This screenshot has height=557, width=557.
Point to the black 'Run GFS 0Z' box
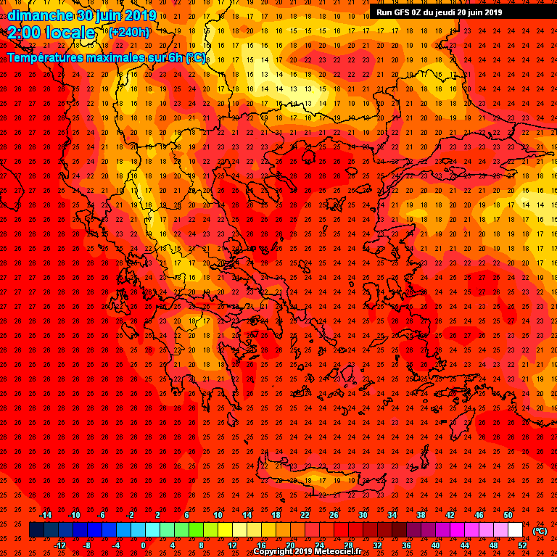coord(439,12)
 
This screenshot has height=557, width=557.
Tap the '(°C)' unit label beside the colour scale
coord(540,531)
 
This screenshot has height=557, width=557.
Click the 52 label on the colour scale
coord(522,545)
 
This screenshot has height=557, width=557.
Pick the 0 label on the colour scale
coord(143,545)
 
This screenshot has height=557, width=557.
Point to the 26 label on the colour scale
coord(334,515)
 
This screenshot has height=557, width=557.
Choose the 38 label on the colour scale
coord(421,515)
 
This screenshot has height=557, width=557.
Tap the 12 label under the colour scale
coord(232,545)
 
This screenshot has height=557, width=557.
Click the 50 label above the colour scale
coord(508,515)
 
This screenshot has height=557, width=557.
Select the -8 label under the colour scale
coord(87,545)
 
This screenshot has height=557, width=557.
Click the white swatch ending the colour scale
coord(515,530)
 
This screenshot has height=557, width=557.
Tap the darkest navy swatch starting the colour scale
coord(36,530)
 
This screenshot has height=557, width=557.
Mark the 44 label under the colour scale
coord(464,545)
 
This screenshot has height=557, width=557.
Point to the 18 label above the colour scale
coord(276,515)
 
